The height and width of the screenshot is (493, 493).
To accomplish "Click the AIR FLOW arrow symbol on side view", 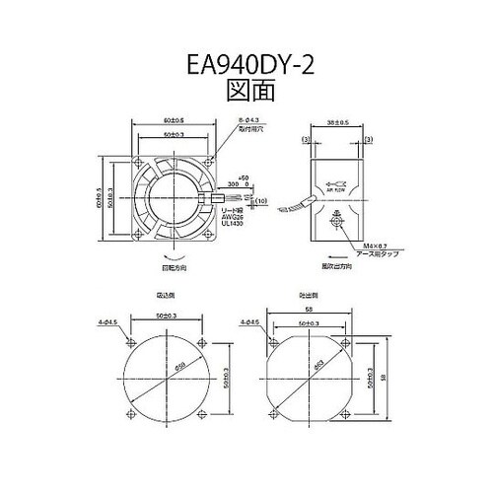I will point(335,183).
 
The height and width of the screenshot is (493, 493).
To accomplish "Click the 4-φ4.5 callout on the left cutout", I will point(109,320).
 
